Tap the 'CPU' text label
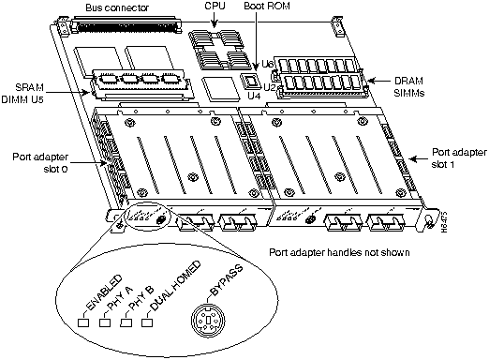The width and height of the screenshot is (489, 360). coord(215,7)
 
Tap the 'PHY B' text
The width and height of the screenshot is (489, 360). coord(134,300)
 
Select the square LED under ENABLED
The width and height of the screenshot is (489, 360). coord(83,323)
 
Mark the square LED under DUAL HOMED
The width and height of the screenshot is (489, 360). coord(146,323)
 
